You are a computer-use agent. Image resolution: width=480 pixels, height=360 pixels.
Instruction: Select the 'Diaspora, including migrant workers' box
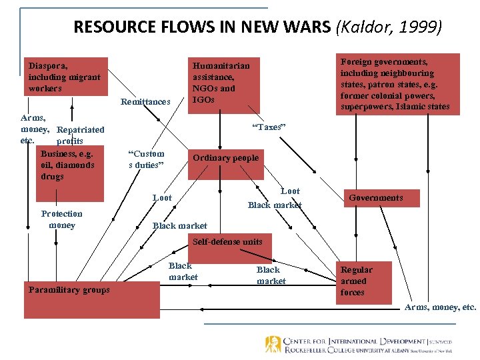65,77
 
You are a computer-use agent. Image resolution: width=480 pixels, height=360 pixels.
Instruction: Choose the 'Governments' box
376,198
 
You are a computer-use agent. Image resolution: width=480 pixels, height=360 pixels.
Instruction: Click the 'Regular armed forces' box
357,281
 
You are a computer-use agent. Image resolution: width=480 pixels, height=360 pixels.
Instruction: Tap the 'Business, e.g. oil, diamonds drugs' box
70,171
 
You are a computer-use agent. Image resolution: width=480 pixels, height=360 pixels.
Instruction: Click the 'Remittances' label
145,102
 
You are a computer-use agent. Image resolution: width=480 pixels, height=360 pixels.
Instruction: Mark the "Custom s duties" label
146,159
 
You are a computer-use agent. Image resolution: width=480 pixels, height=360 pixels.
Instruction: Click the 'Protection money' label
62,219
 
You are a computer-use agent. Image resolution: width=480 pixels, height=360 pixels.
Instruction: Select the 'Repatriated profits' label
79,135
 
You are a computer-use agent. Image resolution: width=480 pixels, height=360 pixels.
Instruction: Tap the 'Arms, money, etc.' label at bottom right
441,307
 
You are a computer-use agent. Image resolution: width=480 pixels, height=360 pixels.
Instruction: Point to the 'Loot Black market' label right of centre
275,198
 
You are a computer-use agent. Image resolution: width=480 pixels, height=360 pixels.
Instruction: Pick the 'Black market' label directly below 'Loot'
179,226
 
